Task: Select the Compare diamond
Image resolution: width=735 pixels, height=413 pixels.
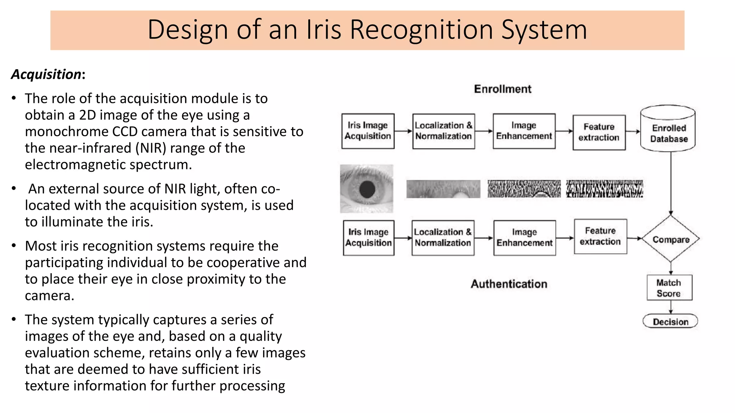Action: pyautogui.click(x=670, y=239)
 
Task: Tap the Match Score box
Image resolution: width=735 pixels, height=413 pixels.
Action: pyautogui.click(x=669, y=288)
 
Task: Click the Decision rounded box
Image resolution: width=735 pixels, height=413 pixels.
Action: pyautogui.click(x=670, y=321)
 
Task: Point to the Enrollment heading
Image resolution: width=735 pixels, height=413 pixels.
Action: pyautogui.click(x=502, y=89)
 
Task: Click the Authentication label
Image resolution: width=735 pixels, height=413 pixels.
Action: pyautogui.click(x=509, y=284)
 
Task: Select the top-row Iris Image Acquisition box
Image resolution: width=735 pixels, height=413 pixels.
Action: pyautogui.click(x=368, y=131)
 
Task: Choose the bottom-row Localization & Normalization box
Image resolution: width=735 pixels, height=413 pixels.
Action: pyautogui.click(x=443, y=238)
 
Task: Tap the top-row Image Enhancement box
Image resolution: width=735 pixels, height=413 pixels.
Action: pyautogui.click(x=524, y=131)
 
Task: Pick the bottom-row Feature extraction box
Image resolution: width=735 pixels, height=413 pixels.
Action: pyautogui.click(x=600, y=237)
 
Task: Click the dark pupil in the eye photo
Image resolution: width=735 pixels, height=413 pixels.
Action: pyautogui.click(x=367, y=189)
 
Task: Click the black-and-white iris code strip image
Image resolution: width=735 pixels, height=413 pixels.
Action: pyautogui.click(x=604, y=189)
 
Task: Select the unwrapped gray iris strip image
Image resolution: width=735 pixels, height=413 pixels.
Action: pyautogui.click(x=443, y=189)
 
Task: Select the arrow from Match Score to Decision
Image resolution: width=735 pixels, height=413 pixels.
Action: pyautogui.click(x=670, y=307)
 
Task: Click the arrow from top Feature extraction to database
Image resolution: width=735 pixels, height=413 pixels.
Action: pyautogui.click(x=633, y=132)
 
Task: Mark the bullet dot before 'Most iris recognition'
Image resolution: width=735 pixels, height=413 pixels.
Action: pyautogui.click(x=14, y=246)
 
